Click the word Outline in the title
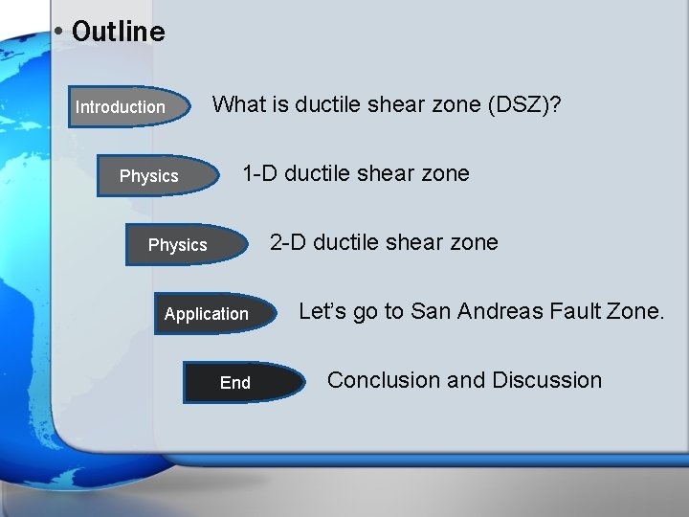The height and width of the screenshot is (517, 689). pyautogui.click(x=118, y=32)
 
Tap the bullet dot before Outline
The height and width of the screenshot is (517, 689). pyautogui.click(x=59, y=32)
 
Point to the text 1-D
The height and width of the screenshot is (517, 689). pyautogui.click(x=259, y=173)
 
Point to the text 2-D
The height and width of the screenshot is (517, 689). pyautogui.click(x=288, y=242)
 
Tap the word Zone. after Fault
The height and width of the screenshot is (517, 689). pyautogui.click(x=635, y=311)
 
